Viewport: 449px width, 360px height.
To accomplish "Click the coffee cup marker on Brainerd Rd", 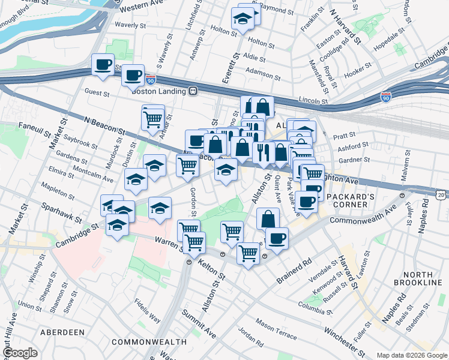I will (x=277, y=238).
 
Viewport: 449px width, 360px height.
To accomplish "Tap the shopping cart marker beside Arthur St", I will (x=153, y=119).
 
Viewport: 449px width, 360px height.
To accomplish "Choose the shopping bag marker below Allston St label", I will (x=268, y=218).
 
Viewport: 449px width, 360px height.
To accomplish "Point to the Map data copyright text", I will (x=412, y=355).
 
